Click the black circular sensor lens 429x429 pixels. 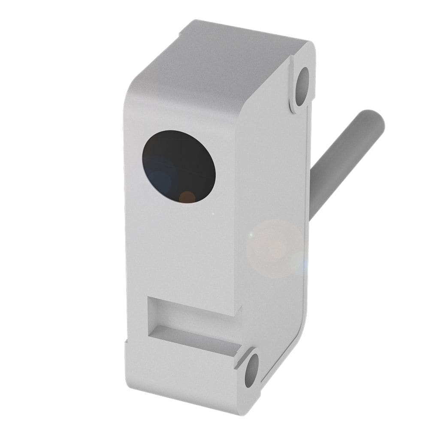point(178,166)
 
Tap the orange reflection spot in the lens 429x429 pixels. point(187,197)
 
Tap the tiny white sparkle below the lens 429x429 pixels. point(213,213)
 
